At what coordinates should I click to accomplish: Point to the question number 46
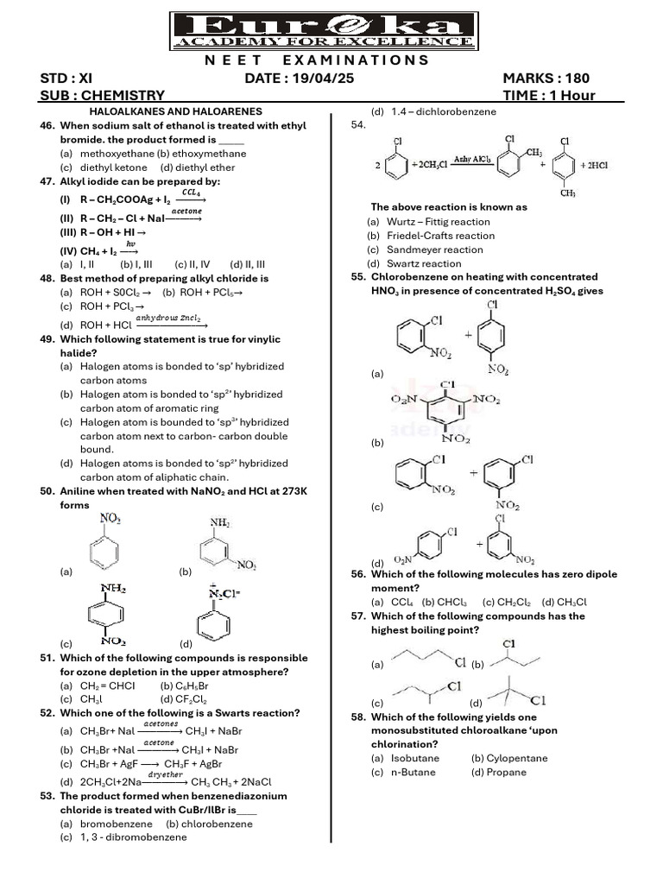(47, 126)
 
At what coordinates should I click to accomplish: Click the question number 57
(359, 616)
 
